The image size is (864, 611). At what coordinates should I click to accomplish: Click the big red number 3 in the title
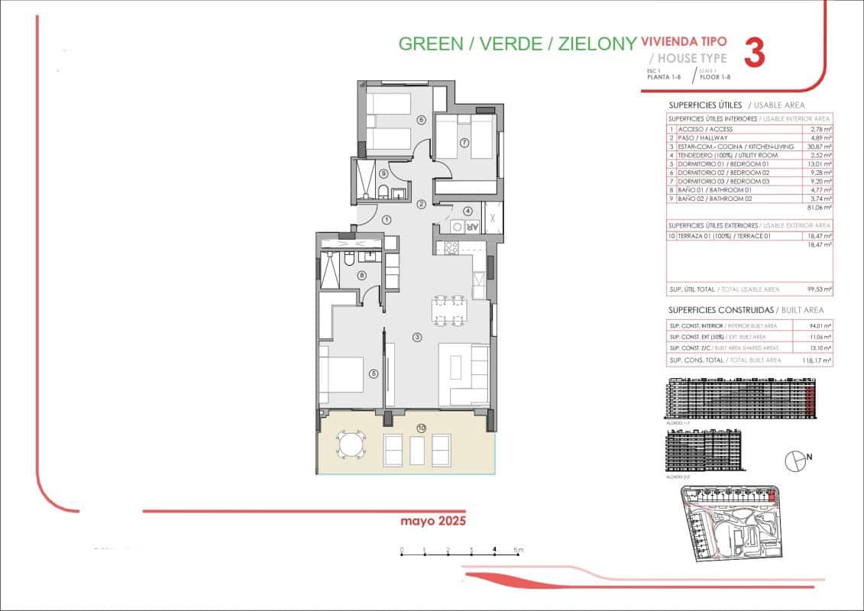coord(754,53)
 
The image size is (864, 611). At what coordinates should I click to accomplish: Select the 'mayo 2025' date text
coord(433,522)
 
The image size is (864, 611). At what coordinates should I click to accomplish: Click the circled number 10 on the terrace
coord(421,427)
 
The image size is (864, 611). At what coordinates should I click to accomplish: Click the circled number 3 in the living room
coord(417,337)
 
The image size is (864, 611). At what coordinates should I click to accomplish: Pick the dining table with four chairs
coord(448,311)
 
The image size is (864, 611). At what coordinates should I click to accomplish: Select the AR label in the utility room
coord(472,227)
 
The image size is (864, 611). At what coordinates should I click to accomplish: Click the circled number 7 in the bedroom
coord(464,143)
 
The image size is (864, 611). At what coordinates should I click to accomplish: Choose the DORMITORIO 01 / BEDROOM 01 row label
coord(719,163)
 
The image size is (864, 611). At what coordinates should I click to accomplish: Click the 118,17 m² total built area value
coord(820,359)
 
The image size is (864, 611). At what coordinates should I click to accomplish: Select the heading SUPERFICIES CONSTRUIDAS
coord(720,310)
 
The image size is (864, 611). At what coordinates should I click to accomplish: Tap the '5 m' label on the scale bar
coord(518,550)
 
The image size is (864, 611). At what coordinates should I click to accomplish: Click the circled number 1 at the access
coord(387,220)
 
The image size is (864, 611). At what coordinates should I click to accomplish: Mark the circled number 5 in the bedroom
coord(374,373)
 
